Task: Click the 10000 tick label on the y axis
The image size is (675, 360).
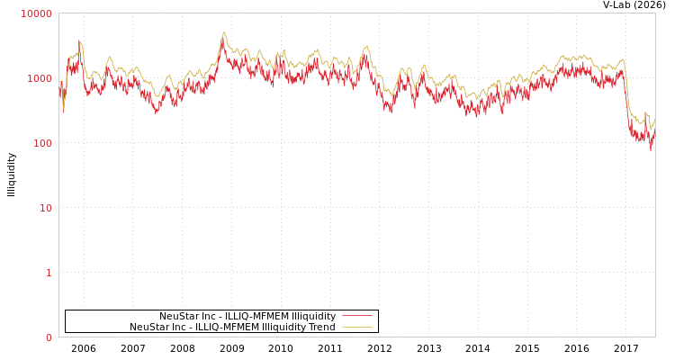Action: pyautogui.click(x=37, y=13)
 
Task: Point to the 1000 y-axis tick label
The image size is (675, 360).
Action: pyautogui.click(x=40, y=78)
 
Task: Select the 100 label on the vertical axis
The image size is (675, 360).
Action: pyautogui.click(x=42, y=143)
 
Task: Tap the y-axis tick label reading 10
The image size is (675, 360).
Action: pyautogui.click(x=45, y=208)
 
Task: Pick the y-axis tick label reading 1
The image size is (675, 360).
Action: pyautogui.click(x=49, y=273)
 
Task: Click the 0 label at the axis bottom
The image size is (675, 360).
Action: pyautogui.click(x=49, y=337)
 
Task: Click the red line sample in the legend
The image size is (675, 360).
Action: pyautogui.click(x=357, y=317)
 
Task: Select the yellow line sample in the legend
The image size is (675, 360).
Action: pyautogui.click(x=357, y=328)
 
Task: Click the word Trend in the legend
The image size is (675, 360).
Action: pyautogui.click(x=321, y=328)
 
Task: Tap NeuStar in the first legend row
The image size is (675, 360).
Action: pyautogui.click(x=178, y=317)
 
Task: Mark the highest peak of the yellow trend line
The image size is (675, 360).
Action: pyautogui.click(x=224, y=32)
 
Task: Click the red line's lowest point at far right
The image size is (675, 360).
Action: pyautogui.click(x=651, y=149)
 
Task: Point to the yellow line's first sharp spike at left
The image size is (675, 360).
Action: pyautogui.click(x=80, y=40)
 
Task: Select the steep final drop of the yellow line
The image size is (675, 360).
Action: pyautogui.click(x=626, y=90)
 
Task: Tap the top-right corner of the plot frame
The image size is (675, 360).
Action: pyautogui.click(x=655, y=13)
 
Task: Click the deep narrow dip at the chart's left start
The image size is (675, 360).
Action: pyautogui.click(x=63, y=112)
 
